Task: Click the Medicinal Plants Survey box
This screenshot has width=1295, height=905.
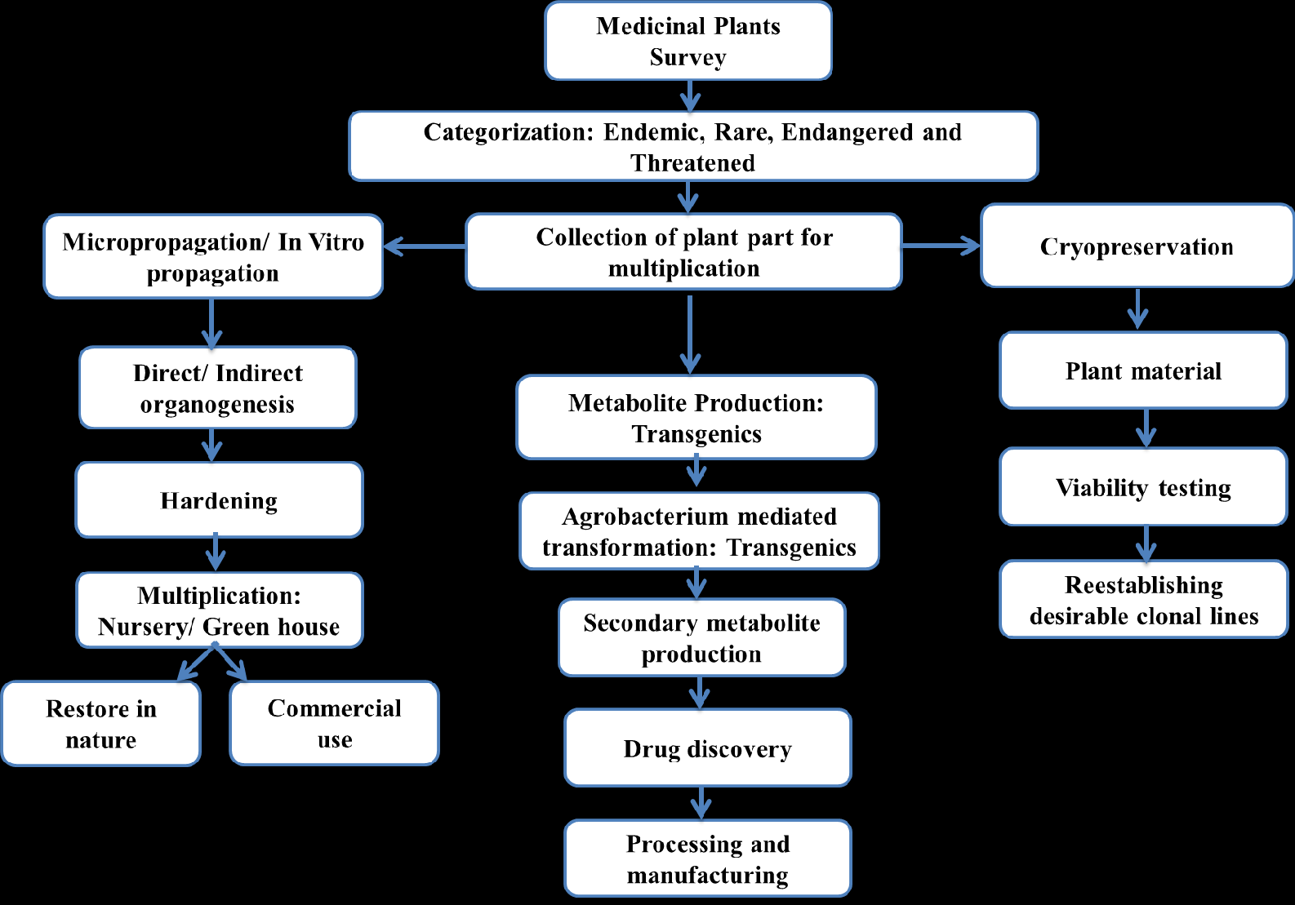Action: point(688,41)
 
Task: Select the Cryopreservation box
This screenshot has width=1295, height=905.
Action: point(1137,246)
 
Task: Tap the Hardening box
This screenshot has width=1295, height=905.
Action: point(219,500)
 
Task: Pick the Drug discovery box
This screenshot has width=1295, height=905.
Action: point(707,748)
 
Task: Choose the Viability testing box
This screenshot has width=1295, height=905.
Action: point(1143,487)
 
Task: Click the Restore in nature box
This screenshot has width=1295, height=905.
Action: point(101,724)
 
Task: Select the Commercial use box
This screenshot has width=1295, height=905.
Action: point(335,723)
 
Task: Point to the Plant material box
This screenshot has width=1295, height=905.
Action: point(1143,371)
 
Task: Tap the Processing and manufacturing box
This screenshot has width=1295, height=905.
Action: point(707,858)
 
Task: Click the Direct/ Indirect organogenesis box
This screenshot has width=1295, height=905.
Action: point(217,388)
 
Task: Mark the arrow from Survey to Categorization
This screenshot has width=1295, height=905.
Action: point(690,96)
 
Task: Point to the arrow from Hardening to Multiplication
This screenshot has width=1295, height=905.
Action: point(216,553)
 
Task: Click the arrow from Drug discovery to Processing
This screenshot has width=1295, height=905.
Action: point(701,803)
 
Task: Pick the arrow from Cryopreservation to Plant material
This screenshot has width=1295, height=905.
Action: point(1137,308)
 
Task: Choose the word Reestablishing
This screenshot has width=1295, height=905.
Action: point(1143,585)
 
